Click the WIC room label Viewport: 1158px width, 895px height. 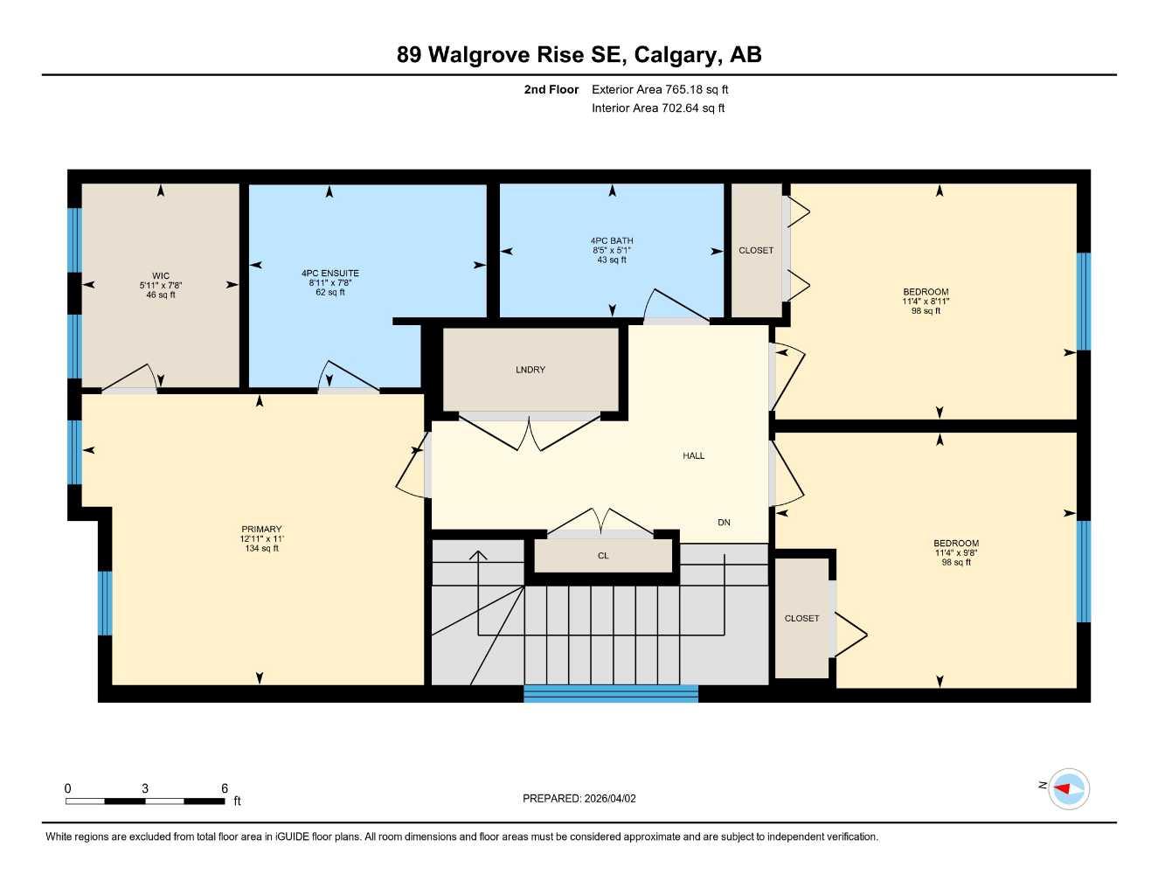tap(161, 276)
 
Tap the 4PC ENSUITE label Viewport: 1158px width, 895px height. tap(330, 274)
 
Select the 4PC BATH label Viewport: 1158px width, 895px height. tap(612, 241)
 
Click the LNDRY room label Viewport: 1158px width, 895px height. tap(530, 370)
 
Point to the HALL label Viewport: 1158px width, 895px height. tap(694, 455)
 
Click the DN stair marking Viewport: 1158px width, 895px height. tap(724, 523)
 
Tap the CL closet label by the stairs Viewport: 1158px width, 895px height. tap(603, 556)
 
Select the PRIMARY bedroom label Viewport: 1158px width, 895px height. tap(261, 530)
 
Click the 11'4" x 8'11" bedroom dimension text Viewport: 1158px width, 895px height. tap(926, 302)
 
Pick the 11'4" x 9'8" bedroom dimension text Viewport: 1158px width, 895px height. tap(956, 552)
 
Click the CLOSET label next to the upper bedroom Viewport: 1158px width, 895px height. tap(756, 251)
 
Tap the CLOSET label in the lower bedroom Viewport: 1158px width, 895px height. tap(801, 619)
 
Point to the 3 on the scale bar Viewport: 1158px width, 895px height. tap(145, 788)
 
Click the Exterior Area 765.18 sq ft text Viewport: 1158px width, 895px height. tap(660, 89)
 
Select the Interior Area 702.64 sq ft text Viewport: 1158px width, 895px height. tap(658, 108)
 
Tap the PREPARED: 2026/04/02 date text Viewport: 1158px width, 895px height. tap(579, 798)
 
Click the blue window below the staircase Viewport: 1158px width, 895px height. tap(611, 694)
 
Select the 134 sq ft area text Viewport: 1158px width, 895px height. tap(261, 549)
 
